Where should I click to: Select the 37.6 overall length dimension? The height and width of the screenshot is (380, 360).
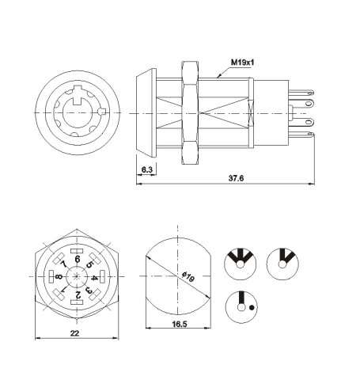click(x=235, y=179)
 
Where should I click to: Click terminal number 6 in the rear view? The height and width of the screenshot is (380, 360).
click(x=77, y=257)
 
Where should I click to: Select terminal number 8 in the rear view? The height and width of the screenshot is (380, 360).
click(x=59, y=277)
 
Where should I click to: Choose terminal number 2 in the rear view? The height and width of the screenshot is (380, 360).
click(x=77, y=296)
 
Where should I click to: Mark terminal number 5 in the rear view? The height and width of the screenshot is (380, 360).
click(x=90, y=264)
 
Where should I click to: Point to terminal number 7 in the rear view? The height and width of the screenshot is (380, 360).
click(x=63, y=264)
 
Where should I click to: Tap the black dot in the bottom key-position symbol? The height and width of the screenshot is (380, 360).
click(x=252, y=306)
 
